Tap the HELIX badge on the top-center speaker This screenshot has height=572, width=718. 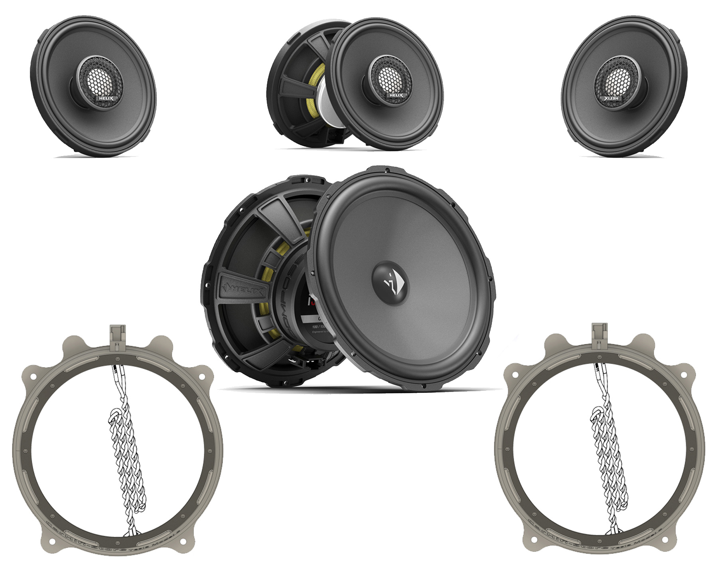click(396, 96)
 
